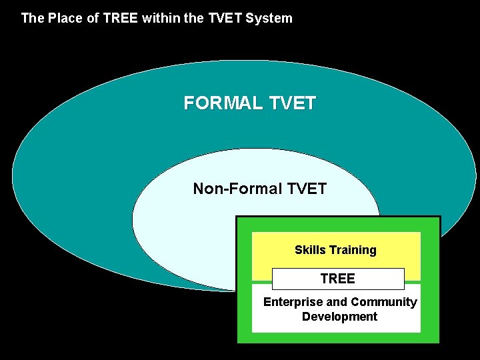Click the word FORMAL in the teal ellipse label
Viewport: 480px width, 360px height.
(223, 103)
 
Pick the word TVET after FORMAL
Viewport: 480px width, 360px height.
(293, 103)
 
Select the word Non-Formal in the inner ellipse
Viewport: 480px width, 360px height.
(237, 189)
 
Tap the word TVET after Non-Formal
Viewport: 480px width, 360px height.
(307, 189)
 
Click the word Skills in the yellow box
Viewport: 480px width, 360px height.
(310, 250)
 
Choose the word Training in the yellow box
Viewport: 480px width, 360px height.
(352, 250)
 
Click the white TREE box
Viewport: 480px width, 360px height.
(337, 279)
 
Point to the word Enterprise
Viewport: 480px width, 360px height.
(293, 302)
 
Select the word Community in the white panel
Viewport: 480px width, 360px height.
(383, 302)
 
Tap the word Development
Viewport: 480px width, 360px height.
(339, 317)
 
